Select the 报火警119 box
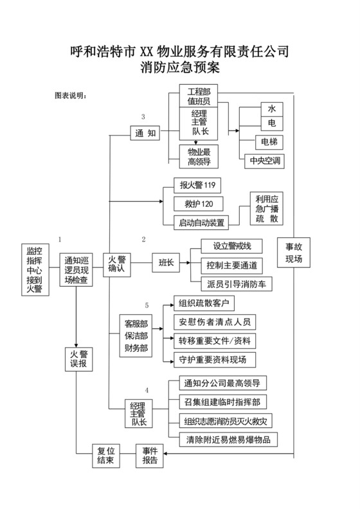click(x=197, y=186)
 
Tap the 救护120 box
click(x=199, y=204)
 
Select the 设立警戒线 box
click(x=230, y=246)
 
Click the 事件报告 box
click(x=153, y=455)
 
